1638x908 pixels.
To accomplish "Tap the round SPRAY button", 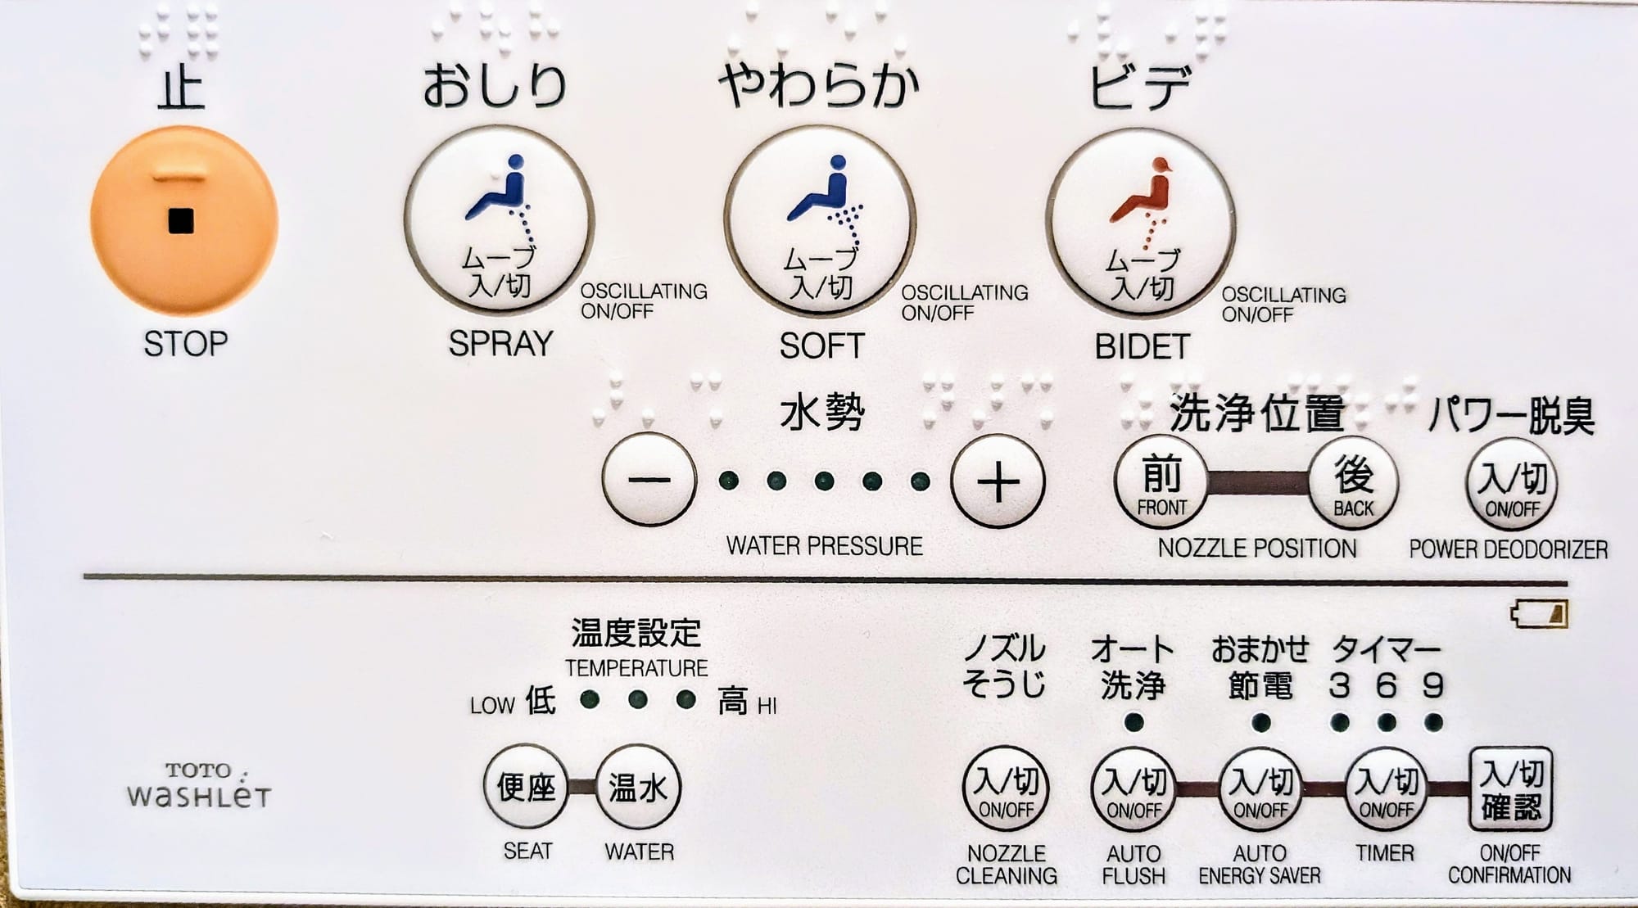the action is coord(499,221).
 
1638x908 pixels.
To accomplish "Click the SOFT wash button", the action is coord(820,223).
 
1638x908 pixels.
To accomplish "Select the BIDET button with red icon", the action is coord(1141,224).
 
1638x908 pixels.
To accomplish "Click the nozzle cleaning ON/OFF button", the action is coord(1005,791).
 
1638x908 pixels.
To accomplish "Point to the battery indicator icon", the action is coord(1539,614).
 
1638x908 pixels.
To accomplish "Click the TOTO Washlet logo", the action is coord(199,784).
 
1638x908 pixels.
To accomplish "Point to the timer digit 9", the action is coord(1432,684).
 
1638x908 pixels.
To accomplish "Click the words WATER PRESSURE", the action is coord(825,546).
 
